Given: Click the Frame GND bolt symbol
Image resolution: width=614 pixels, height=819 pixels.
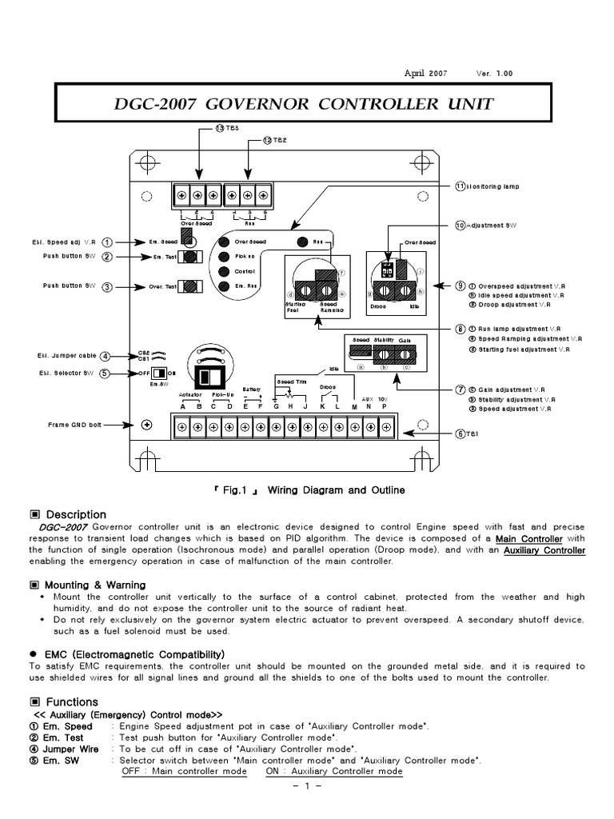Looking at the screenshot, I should pyautogui.click(x=146, y=425).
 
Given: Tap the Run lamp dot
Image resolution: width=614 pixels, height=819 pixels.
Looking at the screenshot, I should pyautogui.click(x=303, y=242).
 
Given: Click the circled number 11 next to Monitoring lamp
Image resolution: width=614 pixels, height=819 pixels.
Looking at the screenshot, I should pyautogui.click(x=460, y=186).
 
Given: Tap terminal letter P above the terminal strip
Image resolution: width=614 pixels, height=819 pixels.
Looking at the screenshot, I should pyautogui.click(x=385, y=406).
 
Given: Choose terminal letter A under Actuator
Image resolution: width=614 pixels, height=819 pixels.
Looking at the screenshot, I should pyautogui.click(x=183, y=406).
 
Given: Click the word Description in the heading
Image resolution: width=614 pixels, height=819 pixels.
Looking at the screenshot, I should pyautogui.click(x=76, y=515).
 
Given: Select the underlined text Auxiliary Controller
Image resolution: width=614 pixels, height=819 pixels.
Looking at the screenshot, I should pyautogui.click(x=544, y=550).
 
